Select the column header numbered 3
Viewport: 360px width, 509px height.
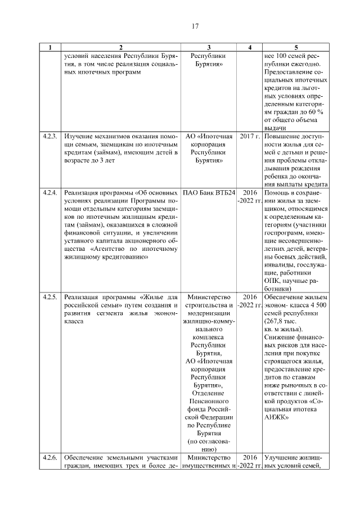tap(209, 48)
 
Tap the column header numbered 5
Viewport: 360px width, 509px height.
tap(296, 48)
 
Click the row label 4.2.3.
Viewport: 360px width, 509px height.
tap(50, 137)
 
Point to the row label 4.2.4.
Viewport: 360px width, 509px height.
tap(50, 192)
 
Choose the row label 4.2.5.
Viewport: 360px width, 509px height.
tap(50, 297)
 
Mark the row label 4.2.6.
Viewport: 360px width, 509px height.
tap(50, 458)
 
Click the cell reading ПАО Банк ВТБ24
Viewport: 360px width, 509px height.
tap(209, 192)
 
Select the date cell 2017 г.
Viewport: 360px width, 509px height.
tap(250, 137)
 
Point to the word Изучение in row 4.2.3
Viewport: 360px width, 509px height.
tap(79, 137)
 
